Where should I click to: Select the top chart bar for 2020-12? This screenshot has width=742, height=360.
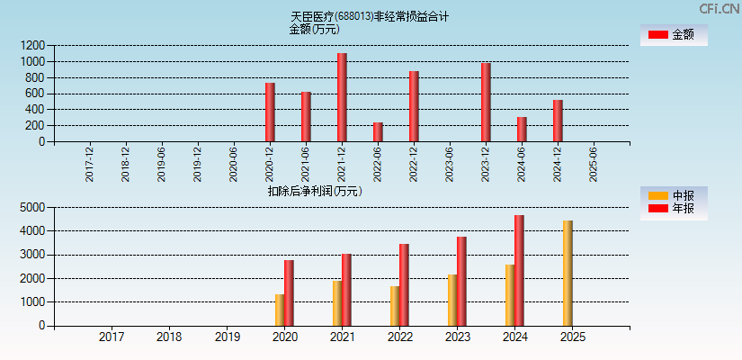(270, 112)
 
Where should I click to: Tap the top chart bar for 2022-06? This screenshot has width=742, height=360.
(378, 132)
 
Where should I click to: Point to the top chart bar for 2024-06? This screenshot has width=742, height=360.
(522, 130)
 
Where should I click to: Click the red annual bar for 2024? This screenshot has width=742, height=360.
(519, 270)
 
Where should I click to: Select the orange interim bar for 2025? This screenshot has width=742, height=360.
(568, 274)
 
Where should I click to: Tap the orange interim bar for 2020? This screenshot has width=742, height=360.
(280, 310)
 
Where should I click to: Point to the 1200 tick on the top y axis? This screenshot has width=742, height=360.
(33, 45)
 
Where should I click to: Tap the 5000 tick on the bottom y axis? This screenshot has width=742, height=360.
(31, 207)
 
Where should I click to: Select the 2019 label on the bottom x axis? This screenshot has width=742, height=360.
(227, 337)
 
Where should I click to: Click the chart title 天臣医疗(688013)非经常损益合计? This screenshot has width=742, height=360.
(370, 16)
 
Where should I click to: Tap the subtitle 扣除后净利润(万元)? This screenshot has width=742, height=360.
(315, 191)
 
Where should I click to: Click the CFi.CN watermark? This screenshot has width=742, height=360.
(720, 9)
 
